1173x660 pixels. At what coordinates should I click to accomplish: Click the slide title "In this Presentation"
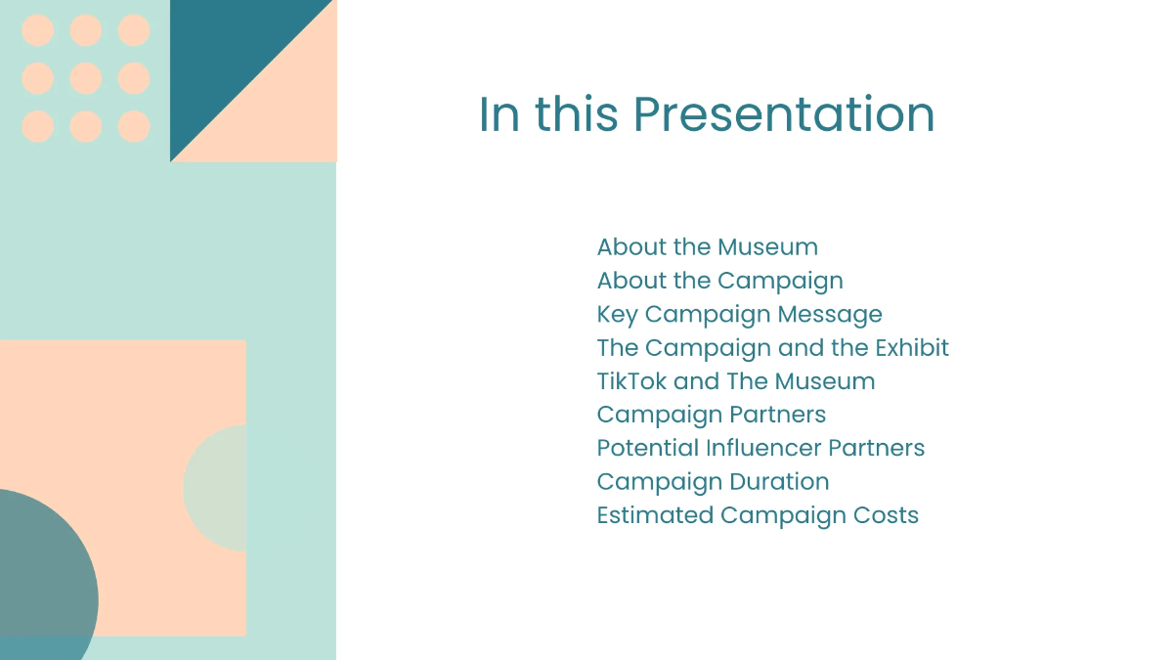pos(706,114)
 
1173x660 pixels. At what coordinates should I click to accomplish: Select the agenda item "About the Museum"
pos(707,247)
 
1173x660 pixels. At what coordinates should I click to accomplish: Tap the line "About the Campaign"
pos(719,281)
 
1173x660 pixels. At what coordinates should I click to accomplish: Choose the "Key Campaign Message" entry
pos(739,314)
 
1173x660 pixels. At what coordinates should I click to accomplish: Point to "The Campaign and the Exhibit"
pos(772,348)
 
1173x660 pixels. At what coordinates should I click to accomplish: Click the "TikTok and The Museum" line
pos(735,381)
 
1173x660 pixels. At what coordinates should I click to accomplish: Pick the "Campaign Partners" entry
pos(711,415)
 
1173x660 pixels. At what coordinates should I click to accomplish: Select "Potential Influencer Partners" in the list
pos(760,448)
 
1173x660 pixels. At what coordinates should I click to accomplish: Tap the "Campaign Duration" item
pos(713,482)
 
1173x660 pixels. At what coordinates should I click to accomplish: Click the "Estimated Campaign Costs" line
pos(758,515)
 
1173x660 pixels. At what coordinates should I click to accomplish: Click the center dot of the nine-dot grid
pos(86,78)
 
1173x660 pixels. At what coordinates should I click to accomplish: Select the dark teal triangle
pos(225,59)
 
